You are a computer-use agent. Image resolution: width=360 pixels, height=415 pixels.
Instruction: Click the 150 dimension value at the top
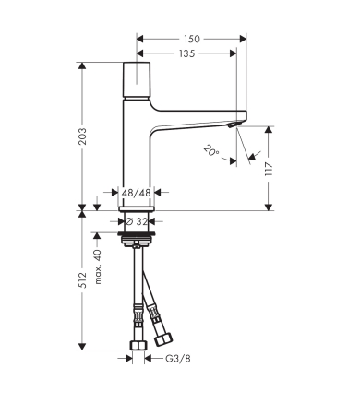click(x=191, y=40)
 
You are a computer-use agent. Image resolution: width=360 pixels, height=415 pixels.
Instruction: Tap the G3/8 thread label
click(x=177, y=360)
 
